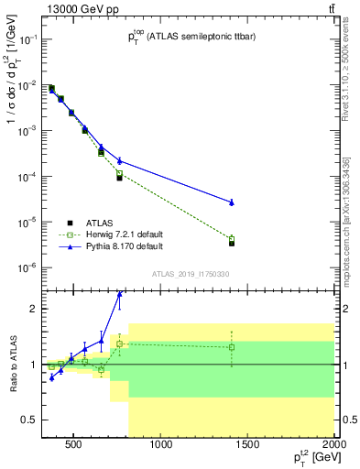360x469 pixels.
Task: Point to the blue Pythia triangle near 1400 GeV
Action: coord(232,202)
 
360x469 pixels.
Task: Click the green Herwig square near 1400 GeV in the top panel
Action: coord(232,238)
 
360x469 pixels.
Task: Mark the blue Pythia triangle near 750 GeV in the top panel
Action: coord(120,161)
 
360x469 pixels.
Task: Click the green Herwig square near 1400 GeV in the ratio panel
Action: coord(232,347)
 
